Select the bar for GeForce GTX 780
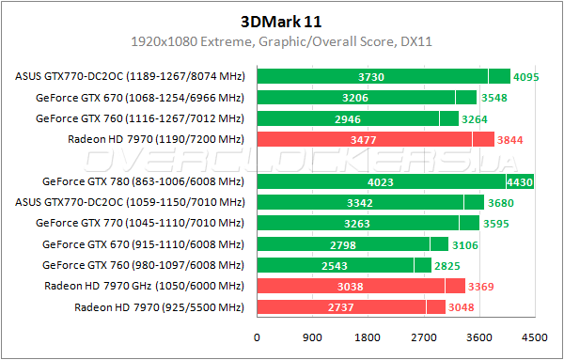(394, 181)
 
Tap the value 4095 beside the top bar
(526, 77)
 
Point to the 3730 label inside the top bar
(370, 77)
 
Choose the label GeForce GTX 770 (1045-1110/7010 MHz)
(139, 224)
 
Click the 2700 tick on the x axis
(423, 337)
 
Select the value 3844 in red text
(510, 140)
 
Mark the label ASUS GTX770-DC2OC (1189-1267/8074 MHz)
(130, 77)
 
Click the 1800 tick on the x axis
(368, 337)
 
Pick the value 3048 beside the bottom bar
(462, 307)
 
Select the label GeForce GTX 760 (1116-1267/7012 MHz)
(139, 118)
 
